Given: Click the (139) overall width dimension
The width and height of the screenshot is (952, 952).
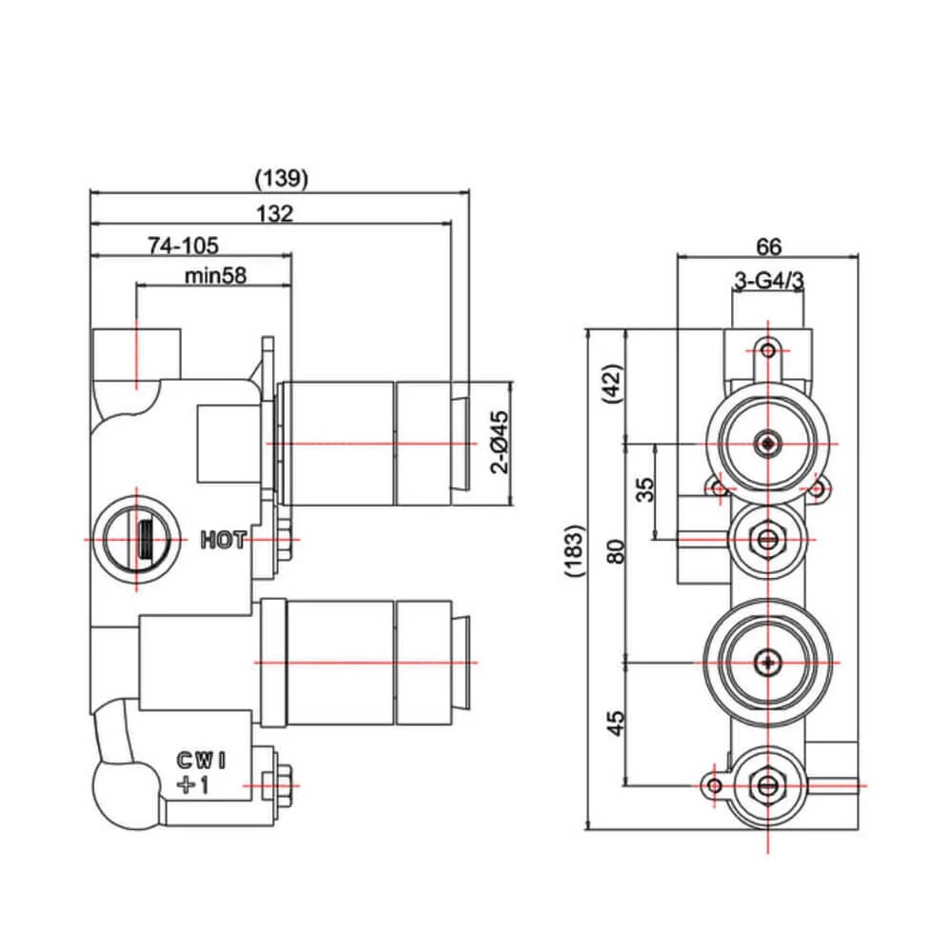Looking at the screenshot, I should tap(283, 178).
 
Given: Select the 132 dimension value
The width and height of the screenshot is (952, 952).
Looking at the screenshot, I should tap(275, 214).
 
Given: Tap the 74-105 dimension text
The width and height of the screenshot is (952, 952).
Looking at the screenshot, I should tap(183, 246).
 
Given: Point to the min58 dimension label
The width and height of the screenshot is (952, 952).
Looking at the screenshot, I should tap(215, 276).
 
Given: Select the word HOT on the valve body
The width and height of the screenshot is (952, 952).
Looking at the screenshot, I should tap(224, 540).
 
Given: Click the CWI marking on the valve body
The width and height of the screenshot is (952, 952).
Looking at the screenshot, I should tap(201, 760).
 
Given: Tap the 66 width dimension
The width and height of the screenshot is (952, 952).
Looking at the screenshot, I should tap(768, 247).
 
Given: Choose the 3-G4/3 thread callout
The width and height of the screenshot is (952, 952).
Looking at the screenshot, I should tap(769, 281).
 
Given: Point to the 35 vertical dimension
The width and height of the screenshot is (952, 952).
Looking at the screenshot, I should tap(645, 490).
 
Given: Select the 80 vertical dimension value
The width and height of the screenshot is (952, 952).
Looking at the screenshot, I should tap(616, 550).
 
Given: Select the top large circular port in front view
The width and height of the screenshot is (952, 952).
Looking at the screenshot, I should tap(767, 443).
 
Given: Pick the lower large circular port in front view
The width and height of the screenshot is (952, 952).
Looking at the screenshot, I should tap(767, 661).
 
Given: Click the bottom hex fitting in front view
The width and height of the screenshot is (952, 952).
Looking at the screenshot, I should tap(767, 785).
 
